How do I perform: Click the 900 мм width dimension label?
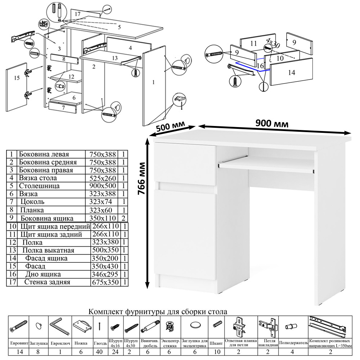[x=272, y=123]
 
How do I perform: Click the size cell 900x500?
[x=102, y=186]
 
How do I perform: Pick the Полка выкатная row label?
[x=48, y=250]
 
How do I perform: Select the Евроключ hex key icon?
[x=58, y=326]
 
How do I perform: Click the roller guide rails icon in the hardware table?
[x=328, y=325]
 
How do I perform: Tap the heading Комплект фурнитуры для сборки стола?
[x=158, y=311]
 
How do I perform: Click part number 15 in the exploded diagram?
[x=16, y=78]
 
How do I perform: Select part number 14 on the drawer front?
[x=292, y=72]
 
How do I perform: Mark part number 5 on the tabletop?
[x=119, y=27]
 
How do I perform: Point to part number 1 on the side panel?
[x=153, y=82]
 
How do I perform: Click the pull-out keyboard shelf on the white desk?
[x=266, y=165]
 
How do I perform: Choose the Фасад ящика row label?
[x=46, y=258]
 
